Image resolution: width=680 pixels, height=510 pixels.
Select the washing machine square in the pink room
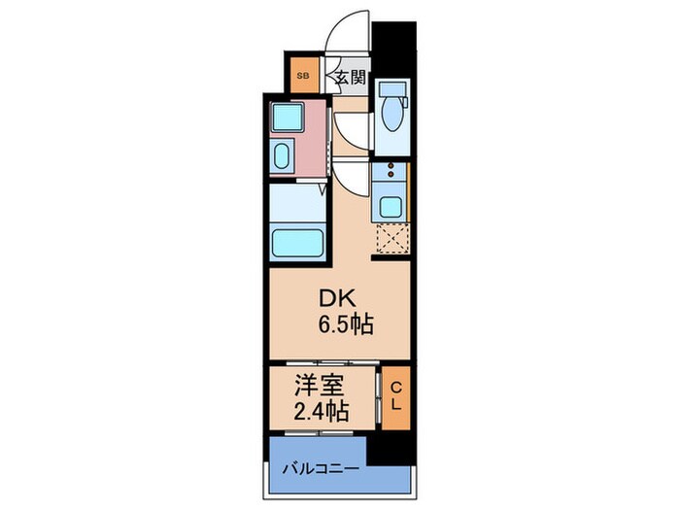[289, 119]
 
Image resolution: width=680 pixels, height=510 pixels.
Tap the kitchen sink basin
[391, 206]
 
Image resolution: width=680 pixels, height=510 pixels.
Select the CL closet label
[395, 396]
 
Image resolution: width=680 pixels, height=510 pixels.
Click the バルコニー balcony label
[319, 468]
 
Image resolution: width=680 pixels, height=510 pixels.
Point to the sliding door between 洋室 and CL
[377, 396]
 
